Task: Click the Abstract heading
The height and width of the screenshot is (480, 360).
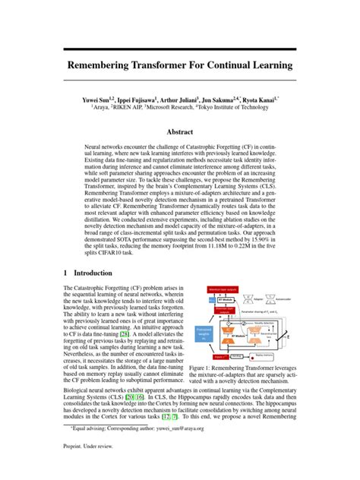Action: coord(180,131)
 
